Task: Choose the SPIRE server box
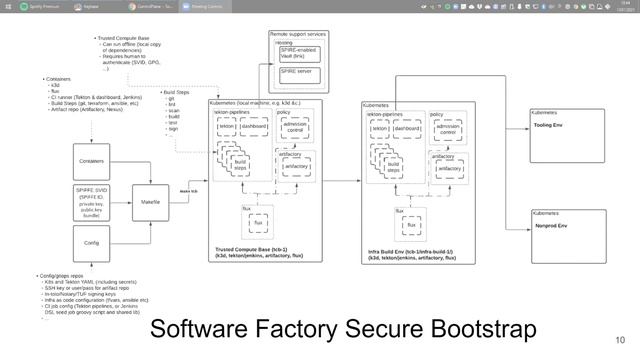coord(300,72)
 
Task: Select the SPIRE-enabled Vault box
coord(300,54)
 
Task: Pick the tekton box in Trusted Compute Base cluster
coord(227,127)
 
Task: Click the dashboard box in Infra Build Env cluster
coord(407,129)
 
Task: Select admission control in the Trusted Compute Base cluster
coord(295,128)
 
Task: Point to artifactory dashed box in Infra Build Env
coord(449,168)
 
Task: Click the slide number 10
coord(620,339)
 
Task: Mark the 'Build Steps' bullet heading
coord(181,93)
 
